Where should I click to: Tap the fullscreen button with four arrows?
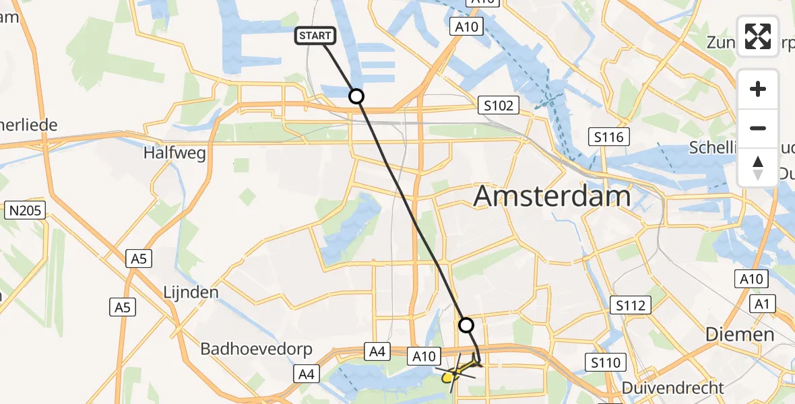(758, 36)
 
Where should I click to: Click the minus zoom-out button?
(758, 128)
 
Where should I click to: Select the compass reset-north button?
(758, 167)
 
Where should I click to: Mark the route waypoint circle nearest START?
(356, 96)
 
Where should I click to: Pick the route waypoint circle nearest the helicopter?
(466, 325)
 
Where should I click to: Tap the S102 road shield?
(499, 105)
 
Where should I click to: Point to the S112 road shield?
(630, 305)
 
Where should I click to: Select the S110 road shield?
(603, 363)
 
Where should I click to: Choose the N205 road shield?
(26, 211)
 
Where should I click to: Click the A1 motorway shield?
(762, 304)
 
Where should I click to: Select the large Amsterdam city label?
(552, 197)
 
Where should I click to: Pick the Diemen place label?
(739, 335)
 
